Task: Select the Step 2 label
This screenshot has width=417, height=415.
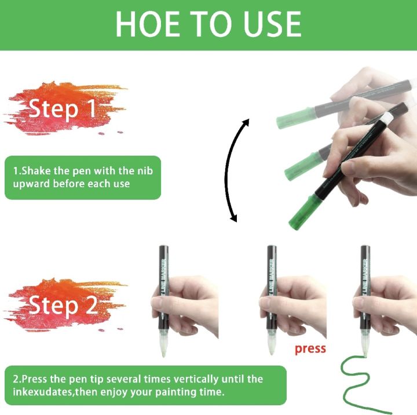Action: click(x=63, y=305)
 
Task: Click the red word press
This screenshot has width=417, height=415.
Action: click(x=310, y=349)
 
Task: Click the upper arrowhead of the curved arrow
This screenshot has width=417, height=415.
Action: click(x=246, y=123)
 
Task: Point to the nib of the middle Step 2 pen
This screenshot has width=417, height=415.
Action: click(x=271, y=348)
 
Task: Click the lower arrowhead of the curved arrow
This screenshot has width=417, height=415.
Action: click(x=233, y=218)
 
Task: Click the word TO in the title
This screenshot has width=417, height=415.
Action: click(x=210, y=24)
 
